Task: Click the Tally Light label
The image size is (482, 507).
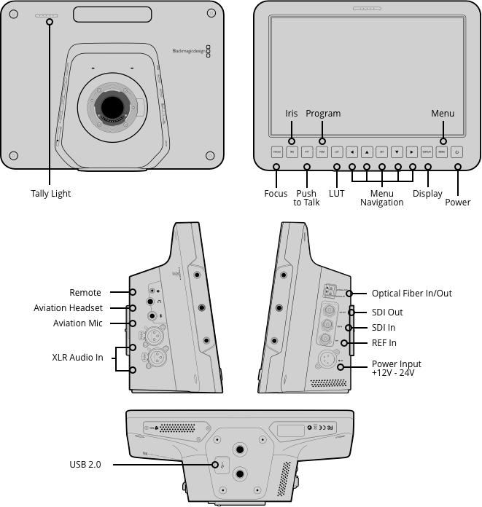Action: (50, 194)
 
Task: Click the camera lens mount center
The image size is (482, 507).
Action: (112, 106)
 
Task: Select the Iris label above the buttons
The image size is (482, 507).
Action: (292, 114)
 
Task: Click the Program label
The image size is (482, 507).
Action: (323, 114)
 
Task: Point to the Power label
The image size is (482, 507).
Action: (458, 202)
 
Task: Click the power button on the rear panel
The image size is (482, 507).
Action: (457, 152)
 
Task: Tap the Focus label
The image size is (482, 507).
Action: (276, 194)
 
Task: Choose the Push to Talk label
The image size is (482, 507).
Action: (307, 198)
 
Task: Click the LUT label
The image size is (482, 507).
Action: (337, 194)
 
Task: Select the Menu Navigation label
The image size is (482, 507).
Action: (381, 198)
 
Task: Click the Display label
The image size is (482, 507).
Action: (427, 194)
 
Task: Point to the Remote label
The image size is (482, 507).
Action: (85, 293)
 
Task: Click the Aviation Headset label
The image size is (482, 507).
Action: (68, 308)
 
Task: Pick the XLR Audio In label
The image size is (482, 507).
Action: (77, 358)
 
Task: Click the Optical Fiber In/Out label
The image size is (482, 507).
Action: (412, 294)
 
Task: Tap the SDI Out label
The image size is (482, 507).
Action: (387, 313)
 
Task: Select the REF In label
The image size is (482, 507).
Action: (384, 343)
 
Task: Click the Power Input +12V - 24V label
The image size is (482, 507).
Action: (397, 368)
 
